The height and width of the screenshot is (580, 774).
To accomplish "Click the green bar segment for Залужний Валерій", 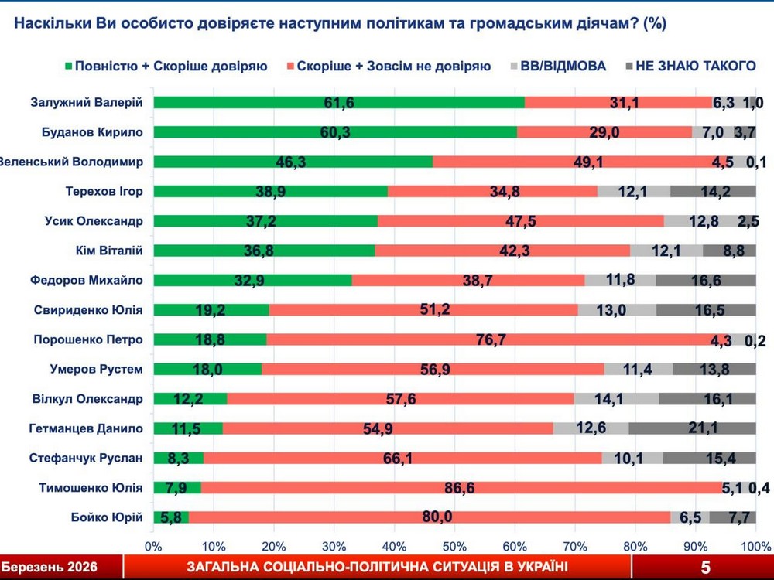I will tap(338, 102).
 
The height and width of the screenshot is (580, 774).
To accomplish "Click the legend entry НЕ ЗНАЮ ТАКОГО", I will tap(688, 66).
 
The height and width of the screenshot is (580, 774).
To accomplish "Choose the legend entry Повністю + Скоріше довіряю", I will tap(166, 66).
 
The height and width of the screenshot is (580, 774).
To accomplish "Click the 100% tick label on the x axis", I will tap(755, 546).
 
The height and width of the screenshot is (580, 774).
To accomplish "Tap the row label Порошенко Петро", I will tap(88, 339).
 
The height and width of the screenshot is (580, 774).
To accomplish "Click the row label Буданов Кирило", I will tap(92, 132).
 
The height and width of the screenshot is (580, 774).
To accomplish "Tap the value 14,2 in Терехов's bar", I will tap(713, 191).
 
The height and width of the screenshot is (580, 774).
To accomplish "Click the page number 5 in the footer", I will tap(705, 568).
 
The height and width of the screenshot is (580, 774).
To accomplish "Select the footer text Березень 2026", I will tap(50, 568).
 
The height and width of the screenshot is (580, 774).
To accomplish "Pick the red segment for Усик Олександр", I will tap(520, 221).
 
